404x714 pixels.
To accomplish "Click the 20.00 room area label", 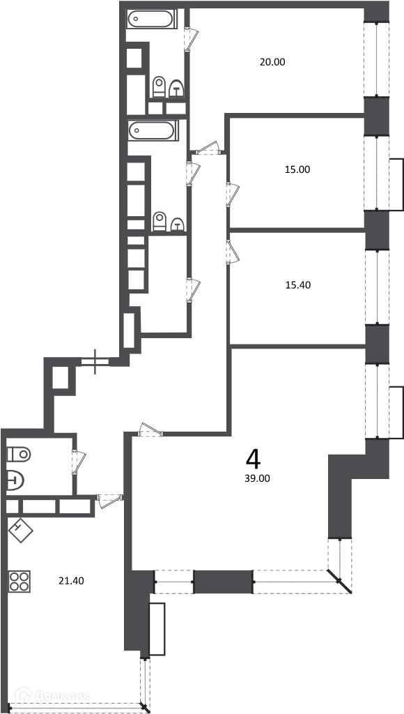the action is tap(272, 62).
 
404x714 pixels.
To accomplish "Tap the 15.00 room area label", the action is tap(297, 170).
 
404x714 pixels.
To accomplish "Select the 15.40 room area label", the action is tap(297, 285).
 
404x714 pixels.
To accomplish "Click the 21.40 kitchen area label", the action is tap(72, 581).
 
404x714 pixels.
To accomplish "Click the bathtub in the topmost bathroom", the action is tap(150, 20).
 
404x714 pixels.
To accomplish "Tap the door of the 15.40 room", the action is tap(233, 251).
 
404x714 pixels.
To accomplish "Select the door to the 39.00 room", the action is tap(150, 430).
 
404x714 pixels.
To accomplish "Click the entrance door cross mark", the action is tap(95, 362).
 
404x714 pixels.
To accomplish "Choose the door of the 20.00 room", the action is tap(192, 39).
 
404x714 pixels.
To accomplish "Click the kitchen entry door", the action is tap(110, 500).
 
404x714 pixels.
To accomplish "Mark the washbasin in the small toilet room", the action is tap(15, 480).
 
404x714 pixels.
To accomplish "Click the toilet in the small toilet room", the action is tap(19, 454).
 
